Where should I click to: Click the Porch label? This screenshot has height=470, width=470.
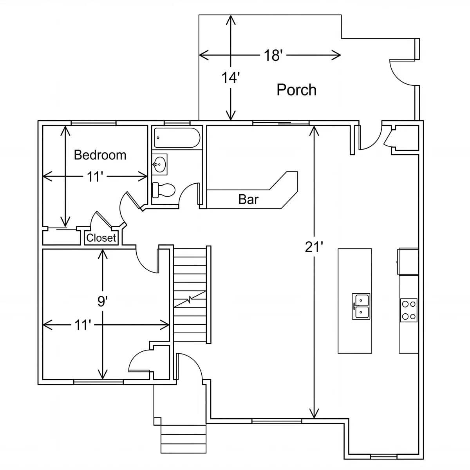(x=296, y=90)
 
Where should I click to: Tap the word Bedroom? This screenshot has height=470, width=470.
(x=100, y=155)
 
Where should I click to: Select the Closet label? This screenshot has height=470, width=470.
(x=101, y=238)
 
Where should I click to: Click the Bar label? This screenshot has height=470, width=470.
(x=248, y=199)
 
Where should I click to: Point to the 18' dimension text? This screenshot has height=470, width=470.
(x=273, y=55)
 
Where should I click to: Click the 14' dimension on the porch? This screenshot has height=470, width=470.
(x=230, y=78)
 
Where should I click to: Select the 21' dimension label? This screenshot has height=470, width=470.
(x=314, y=247)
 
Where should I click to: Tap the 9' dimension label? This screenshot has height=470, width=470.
(x=103, y=301)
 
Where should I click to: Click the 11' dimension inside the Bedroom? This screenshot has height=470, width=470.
(x=95, y=177)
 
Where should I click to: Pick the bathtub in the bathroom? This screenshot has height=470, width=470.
(x=177, y=138)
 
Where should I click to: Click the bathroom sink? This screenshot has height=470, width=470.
(x=160, y=164)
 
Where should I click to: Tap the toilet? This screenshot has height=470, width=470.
(x=163, y=190)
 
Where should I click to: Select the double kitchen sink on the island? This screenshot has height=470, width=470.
(x=361, y=306)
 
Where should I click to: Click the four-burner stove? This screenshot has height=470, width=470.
(x=409, y=310)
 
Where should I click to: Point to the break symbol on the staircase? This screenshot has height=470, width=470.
(x=190, y=299)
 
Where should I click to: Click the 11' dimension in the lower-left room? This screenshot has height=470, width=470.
(x=83, y=325)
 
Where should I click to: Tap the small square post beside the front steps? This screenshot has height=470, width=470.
(x=157, y=421)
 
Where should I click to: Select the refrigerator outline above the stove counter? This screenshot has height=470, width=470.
(x=408, y=262)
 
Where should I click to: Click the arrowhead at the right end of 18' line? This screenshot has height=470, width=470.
(x=336, y=55)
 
